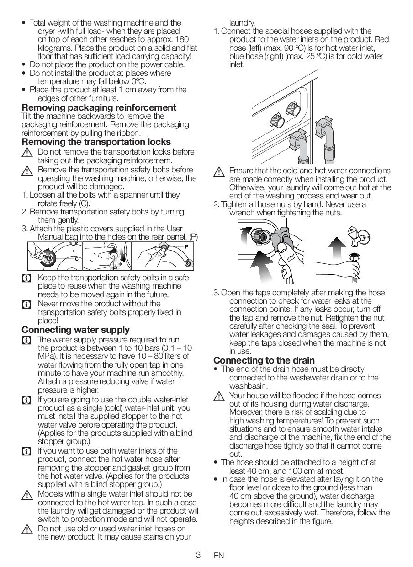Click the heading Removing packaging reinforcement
(x=99, y=107)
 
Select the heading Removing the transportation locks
(x=96, y=142)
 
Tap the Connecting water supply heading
(x=75, y=330)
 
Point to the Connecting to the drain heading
(x=264, y=360)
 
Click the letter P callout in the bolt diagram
(x=186, y=246)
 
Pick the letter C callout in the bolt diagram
(x=77, y=259)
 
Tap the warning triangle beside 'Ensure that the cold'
(x=219, y=172)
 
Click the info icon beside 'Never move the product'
(x=26, y=304)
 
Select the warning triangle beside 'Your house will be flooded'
(x=219, y=396)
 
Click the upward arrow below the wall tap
(x=337, y=247)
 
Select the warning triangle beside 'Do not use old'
(x=27, y=530)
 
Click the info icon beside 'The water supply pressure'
(x=26, y=341)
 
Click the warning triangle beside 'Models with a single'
(x=27, y=495)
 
